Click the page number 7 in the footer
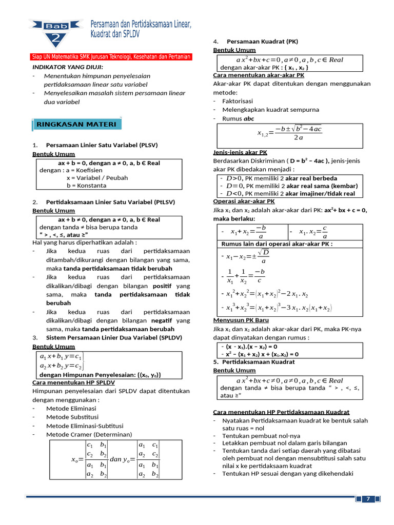[x=368, y=499]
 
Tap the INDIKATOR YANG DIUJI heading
[x=67, y=67]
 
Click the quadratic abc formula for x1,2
[x=289, y=133]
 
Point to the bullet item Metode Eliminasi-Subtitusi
[x=85, y=426]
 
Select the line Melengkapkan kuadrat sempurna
[x=270, y=110]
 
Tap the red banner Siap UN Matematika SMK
[x=109, y=57]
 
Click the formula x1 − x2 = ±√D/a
[x=248, y=256]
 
